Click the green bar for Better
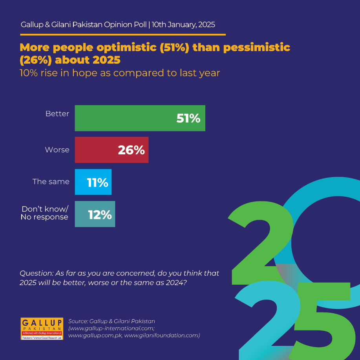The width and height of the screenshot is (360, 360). click(140, 118)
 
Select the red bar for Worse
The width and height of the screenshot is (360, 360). click(111, 150)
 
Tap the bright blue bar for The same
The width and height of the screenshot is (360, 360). click(93, 182)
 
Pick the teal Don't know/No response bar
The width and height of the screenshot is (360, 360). click(95, 214)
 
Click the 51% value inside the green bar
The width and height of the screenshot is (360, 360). click(188, 118)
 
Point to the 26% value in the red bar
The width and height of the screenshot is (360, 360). click(132, 150)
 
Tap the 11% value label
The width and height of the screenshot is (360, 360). click(98, 183)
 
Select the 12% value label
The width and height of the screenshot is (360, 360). click(100, 215)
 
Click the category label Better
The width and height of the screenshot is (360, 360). click(57, 113)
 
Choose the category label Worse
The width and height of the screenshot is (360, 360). click(57, 150)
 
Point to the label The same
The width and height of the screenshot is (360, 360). click(51, 182)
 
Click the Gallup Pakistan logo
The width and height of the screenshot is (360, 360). click(42, 329)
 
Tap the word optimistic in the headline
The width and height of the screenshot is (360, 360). click(126, 48)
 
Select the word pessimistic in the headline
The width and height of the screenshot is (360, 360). click(257, 48)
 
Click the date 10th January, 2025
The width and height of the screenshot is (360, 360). click(183, 25)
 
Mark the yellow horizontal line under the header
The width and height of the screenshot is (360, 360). click(123, 35)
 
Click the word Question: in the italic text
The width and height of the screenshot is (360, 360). click(37, 273)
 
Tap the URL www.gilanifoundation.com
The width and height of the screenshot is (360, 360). click(162, 335)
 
